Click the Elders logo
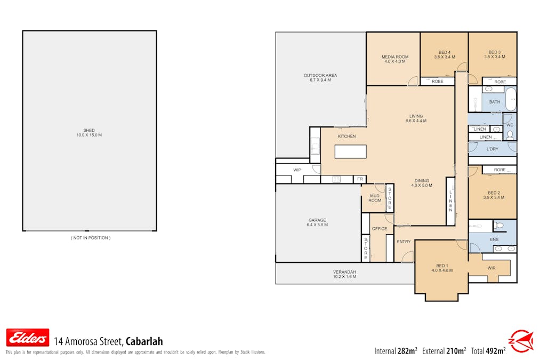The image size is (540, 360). pyautogui.click(x=28, y=338)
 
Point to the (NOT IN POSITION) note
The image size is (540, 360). pyautogui.click(x=91, y=238)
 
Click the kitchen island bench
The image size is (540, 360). pyautogui.click(x=351, y=151)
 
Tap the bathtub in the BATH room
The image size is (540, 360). pyautogui.click(x=510, y=99)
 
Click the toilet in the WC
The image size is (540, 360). pyautogui.click(x=510, y=135)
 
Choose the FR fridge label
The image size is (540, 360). pyautogui.click(x=360, y=179)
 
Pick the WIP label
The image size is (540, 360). pyautogui.click(x=297, y=170)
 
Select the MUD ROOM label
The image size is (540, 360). pyautogui.click(x=375, y=198)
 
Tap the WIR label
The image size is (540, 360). pyautogui.click(x=491, y=268)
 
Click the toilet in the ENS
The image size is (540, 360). pyautogui.click(x=498, y=226)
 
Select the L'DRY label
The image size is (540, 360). pyautogui.click(x=493, y=149)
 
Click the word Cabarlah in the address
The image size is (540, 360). pyautogui.click(x=144, y=341)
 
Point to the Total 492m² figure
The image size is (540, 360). pyautogui.click(x=488, y=351)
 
